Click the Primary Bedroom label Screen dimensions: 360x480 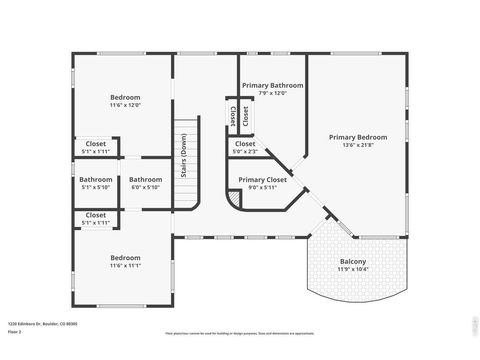358,137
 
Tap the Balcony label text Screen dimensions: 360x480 353,262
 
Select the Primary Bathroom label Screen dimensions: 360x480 271,86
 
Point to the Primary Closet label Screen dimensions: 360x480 263,180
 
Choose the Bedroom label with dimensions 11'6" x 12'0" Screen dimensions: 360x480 125,97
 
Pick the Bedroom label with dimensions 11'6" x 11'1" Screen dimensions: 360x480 125,257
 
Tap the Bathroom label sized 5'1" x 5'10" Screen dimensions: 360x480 96,180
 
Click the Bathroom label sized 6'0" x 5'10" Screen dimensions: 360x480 146,180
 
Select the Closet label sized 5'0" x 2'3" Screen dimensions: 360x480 245,144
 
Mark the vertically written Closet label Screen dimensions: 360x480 232,115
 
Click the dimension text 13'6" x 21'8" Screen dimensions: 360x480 358,145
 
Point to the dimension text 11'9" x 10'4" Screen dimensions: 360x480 353,270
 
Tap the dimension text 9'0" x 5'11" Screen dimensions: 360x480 263,187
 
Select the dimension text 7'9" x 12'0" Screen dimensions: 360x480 271,93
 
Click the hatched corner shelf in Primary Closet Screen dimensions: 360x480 234,199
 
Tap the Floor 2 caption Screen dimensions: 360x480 14,331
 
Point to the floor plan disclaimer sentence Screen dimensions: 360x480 239,333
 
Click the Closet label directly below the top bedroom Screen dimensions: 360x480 96,144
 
